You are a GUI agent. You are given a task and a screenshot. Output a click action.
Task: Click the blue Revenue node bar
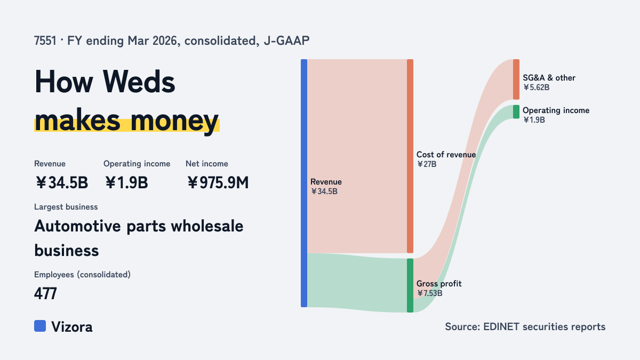click(304, 183)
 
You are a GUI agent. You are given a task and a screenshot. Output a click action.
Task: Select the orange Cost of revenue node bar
click(410, 156)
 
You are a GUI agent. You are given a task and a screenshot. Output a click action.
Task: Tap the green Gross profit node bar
click(410, 285)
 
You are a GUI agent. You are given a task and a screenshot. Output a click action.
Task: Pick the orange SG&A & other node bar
click(516, 79)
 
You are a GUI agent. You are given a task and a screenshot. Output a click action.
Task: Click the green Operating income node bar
click(516, 111)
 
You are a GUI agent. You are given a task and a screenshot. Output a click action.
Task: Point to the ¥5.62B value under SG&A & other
click(537, 87)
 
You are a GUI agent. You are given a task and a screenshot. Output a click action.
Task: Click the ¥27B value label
click(427, 164)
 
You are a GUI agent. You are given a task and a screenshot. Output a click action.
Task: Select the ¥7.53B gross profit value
click(429, 293)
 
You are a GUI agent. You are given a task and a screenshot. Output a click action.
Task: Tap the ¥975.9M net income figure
click(218, 182)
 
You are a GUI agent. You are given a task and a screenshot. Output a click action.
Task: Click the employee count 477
click(45, 293)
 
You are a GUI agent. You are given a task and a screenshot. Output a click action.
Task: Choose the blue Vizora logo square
click(40, 326)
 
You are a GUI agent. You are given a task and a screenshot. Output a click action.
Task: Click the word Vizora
click(72, 327)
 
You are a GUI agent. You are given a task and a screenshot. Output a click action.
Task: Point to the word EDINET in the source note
click(501, 326)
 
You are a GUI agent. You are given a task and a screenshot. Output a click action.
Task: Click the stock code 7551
click(45, 41)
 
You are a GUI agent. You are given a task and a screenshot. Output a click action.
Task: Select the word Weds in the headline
click(139, 82)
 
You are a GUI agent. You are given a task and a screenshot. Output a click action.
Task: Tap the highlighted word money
click(174, 121)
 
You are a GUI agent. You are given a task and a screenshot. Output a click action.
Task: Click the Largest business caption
click(66, 207)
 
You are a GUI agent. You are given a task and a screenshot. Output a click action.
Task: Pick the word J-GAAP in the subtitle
click(286, 41)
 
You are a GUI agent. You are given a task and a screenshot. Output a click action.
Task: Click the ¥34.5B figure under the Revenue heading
click(61, 182)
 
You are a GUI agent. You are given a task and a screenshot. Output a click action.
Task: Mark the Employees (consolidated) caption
click(82, 275)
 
